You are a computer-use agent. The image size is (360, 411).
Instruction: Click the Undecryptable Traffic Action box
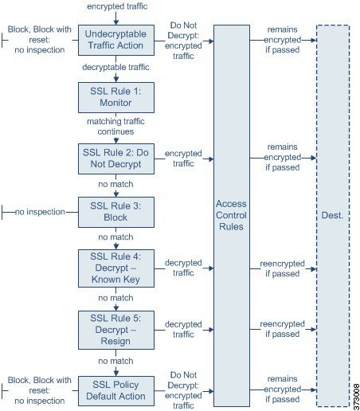[116, 40]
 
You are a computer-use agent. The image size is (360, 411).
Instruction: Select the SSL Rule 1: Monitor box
[116, 97]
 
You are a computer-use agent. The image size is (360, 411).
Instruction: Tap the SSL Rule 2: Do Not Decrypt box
[116, 159]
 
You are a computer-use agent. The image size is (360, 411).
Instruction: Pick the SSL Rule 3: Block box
[116, 212]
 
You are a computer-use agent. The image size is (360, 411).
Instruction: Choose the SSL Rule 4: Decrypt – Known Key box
[116, 268]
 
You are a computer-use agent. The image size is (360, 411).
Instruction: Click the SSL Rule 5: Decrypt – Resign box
[116, 330]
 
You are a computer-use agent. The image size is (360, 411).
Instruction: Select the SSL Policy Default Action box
[116, 391]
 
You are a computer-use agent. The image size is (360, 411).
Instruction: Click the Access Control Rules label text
[231, 215]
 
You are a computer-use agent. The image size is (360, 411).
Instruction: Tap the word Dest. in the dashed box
[332, 215]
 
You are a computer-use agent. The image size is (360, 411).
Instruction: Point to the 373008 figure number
[356, 397]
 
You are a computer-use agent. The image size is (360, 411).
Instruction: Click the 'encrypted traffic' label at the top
[117, 6]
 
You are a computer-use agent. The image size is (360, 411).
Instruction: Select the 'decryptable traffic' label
[115, 67]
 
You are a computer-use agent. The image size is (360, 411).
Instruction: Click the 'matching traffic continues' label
[115, 127]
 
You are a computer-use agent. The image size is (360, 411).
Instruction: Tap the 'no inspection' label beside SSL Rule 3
[40, 212]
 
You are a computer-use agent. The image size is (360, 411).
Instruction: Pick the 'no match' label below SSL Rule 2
[115, 184]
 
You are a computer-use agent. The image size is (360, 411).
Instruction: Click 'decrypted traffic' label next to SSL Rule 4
[183, 268]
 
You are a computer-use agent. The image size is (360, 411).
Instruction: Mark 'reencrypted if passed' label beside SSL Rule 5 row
[282, 329]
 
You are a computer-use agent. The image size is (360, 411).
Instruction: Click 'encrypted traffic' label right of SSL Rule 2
[183, 159]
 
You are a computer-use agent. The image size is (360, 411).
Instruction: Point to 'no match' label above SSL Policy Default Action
[115, 361]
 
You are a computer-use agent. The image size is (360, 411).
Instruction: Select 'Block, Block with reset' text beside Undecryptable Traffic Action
[40, 34]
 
